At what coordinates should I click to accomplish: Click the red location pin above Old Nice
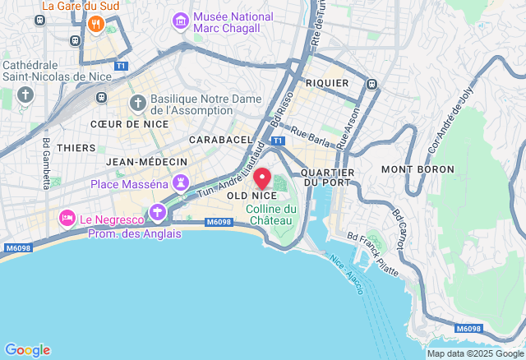click(262, 178)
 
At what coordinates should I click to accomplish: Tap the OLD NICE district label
click(251, 196)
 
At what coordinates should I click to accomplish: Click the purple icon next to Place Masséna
click(180, 183)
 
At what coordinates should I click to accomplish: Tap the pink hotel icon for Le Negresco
click(67, 218)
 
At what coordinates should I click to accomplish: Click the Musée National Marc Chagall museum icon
click(179, 19)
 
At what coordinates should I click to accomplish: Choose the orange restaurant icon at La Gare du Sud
click(96, 24)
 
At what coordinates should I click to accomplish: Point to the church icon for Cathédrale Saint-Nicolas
click(25, 95)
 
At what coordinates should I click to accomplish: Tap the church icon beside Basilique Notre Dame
click(137, 103)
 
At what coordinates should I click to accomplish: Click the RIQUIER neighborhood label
click(327, 84)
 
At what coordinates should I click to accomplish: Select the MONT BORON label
click(417, 168)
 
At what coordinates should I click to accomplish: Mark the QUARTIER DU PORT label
click(328, 177)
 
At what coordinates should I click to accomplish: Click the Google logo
click(27, 349)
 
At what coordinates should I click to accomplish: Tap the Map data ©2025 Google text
click(473, 353)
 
